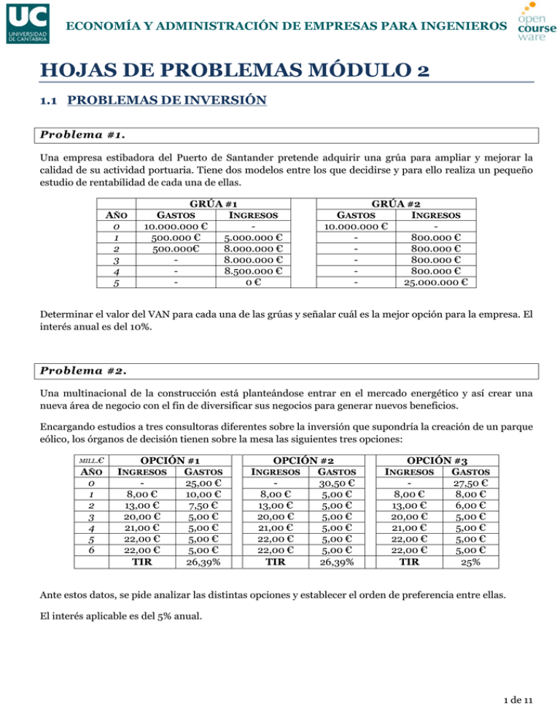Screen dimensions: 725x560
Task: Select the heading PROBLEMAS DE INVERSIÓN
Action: (x=167, y=104)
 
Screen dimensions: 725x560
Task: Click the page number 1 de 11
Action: (x=519, y=701)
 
